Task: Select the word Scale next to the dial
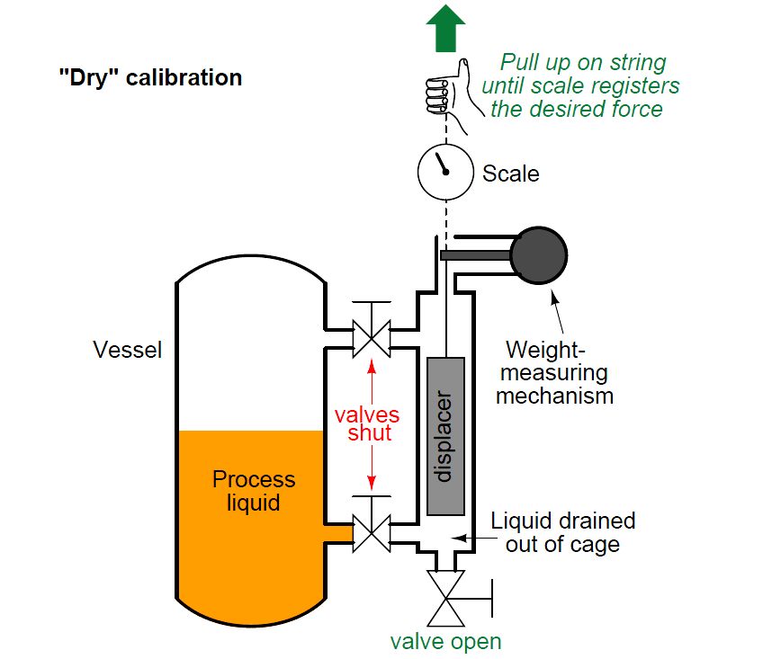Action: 510,174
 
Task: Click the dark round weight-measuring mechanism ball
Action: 539,254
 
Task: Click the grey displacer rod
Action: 445,436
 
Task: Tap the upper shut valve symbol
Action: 371,338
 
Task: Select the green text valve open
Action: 445,642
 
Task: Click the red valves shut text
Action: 367,424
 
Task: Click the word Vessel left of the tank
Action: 128,350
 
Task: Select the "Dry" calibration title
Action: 150,77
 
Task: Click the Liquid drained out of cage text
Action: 562,532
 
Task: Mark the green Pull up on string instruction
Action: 582,86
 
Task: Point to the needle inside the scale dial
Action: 441,165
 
